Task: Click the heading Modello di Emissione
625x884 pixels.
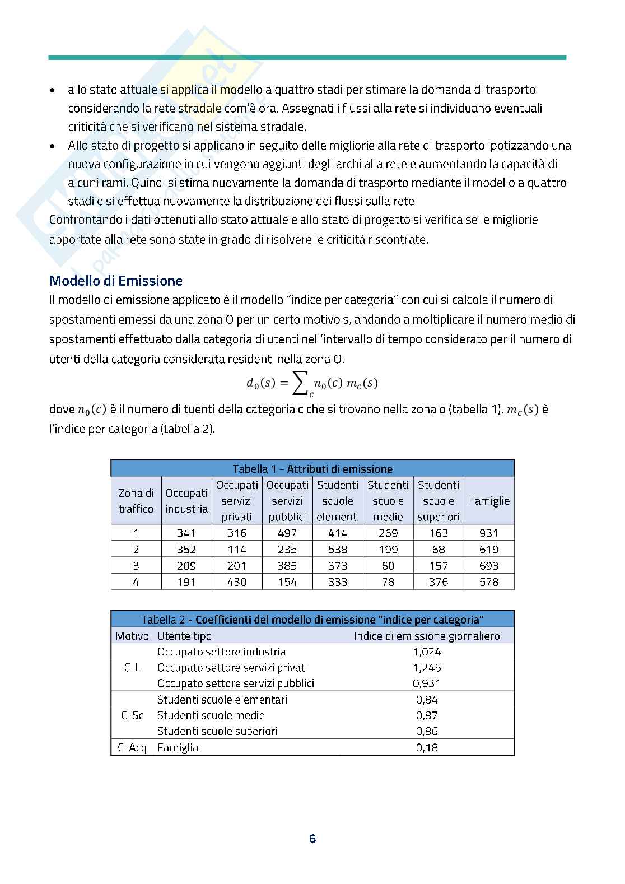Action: (116, 281)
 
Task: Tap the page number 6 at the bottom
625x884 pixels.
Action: (312, 839)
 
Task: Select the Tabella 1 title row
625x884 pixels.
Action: (312, 469)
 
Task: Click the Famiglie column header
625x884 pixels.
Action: (489, 501)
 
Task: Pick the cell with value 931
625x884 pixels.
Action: (489, 533)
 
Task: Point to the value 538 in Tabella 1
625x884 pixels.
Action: (338, 550)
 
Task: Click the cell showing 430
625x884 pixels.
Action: (237, 582)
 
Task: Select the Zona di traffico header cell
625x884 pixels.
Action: (136, 501)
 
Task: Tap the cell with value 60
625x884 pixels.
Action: (388, 566)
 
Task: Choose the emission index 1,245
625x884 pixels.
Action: (427, 667)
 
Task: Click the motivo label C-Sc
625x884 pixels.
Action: (132, 715)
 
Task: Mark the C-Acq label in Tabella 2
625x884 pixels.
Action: (132, 747)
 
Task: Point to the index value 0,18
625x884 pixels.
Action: (427, 747)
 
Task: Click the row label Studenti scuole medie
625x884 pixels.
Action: (211, 715)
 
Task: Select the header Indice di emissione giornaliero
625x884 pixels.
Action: (427, 636)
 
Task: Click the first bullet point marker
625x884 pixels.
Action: (53, 90)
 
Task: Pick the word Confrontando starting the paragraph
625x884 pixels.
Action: (81, 220)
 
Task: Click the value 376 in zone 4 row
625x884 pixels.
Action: (439, 582)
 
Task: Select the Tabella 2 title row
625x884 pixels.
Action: (312, 619)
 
